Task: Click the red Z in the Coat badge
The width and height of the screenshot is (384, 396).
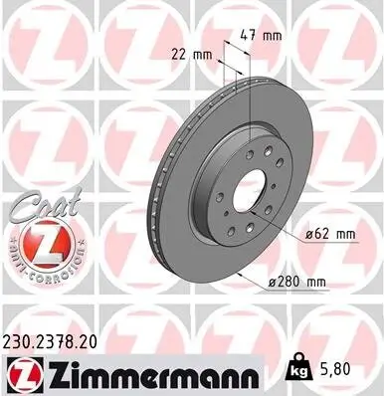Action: click(x=43, y=242)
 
